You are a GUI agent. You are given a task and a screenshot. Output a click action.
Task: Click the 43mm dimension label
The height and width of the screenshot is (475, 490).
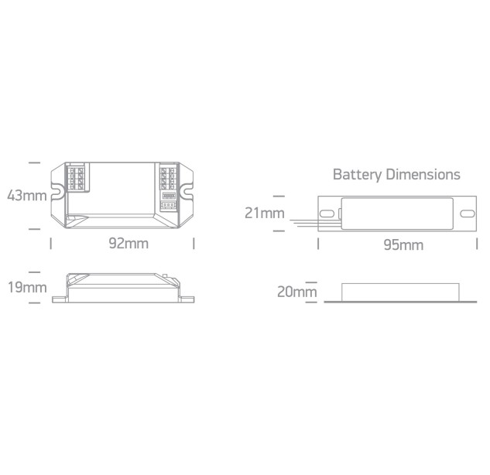tap(27, 196)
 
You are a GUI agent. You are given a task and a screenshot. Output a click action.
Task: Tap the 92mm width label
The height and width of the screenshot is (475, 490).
tap(128, 243)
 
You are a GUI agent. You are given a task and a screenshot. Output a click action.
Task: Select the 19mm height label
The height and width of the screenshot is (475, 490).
tap(27, 287)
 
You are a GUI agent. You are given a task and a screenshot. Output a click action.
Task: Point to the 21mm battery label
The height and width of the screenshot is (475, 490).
tap(265, 213)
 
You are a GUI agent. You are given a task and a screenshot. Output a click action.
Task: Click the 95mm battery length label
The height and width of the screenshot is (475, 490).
tap(403, 244)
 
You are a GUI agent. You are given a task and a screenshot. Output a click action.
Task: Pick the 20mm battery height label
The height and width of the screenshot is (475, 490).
tap(297, 292)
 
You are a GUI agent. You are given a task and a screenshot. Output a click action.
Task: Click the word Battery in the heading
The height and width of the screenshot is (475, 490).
tap(357, 175)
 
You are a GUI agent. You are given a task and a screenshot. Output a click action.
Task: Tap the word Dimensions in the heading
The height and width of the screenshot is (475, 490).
tap(423, 174)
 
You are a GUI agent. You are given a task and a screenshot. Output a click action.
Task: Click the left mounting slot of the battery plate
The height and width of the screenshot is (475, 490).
tap(327, 214)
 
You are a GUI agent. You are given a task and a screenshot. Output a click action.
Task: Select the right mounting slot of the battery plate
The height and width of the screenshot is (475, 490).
tap(468, 214)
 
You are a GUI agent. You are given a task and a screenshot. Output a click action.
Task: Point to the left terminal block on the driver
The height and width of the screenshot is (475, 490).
tap(77, 179)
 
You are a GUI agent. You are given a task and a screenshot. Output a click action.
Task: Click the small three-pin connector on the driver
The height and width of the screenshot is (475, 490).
tap(169, 206)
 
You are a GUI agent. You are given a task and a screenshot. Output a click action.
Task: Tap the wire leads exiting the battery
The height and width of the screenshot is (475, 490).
tap(315, 223)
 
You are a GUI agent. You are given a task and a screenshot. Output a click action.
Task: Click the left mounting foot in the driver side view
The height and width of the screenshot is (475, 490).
tap(60, 299)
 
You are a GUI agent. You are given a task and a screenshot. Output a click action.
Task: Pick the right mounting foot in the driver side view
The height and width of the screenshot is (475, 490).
tap(187, 299)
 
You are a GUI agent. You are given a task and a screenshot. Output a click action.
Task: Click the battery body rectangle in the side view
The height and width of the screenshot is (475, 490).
tap(400, 292)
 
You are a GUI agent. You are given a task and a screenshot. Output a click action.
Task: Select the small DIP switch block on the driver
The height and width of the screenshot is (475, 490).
tap(169, 196)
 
